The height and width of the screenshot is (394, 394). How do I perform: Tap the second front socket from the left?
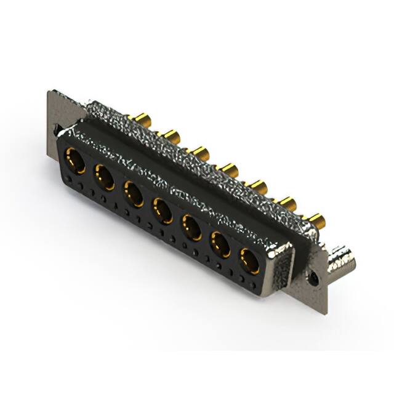(x=103, y=177)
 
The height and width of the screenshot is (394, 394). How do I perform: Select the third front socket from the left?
(x=134, y=193)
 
